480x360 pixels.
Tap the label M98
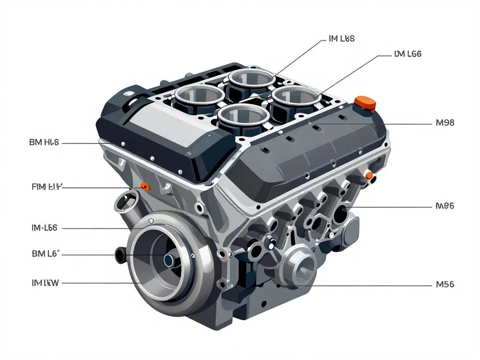tap(444, 123)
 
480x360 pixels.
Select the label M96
tap(444, 206)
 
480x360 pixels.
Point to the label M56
tap(444, 284)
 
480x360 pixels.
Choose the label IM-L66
tap(45, 228)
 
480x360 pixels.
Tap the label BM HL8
tap(44, 142)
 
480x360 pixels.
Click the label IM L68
tap(339, 39)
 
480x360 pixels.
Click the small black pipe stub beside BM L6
tap(120, 255)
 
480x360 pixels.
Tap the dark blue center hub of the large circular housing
tap(168, 259)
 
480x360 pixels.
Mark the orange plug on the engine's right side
tap(369, 176)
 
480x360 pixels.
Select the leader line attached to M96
tap(394, 207)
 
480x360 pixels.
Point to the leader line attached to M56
tap(356, 285)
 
